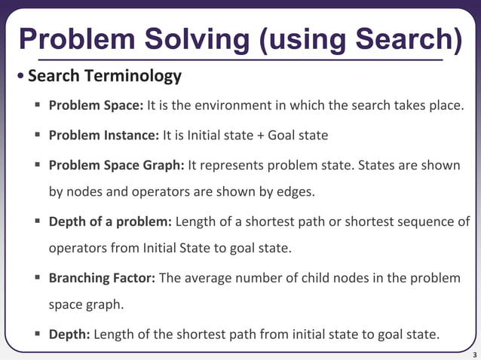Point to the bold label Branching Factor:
pos(102,278)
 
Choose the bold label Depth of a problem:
pos(111,221)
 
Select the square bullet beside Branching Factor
pos(36,278)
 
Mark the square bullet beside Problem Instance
pos(36,135)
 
